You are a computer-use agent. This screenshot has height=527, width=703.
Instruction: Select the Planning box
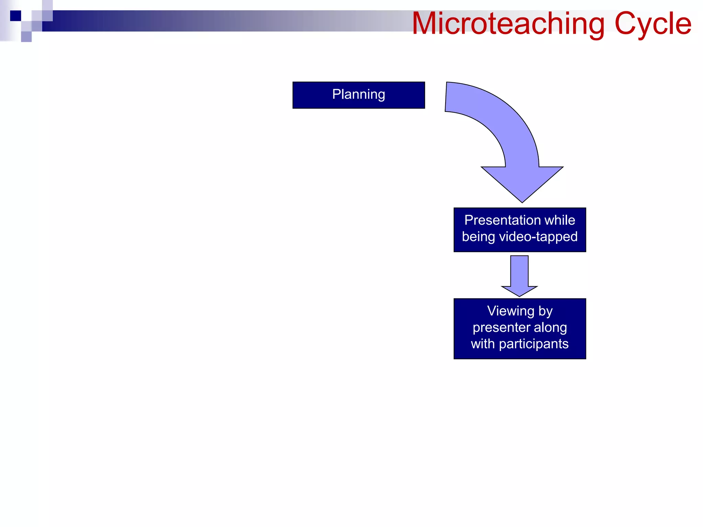point(358,95)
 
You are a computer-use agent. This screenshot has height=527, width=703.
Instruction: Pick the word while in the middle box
point(562,220)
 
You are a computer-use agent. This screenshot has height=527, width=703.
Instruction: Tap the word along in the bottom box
point(550,327)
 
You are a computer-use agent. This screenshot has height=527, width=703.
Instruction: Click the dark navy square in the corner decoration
point(15,16)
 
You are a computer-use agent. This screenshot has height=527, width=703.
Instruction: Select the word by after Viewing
point(545,311)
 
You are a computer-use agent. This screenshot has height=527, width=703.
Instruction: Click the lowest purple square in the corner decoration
point(26,37)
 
